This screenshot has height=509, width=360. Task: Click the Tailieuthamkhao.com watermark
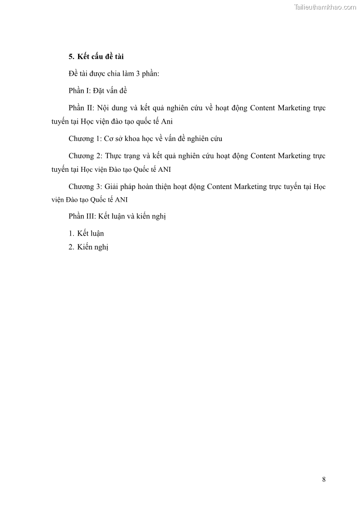(325, 7)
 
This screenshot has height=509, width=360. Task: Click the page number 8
(324, 480)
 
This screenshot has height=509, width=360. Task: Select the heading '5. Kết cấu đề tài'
(96, 57)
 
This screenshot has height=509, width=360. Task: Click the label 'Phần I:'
(80, 91)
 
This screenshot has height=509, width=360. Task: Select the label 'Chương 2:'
(86, 155)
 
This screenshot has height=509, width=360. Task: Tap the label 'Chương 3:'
(86, 186)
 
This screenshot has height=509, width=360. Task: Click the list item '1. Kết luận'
(86, 233)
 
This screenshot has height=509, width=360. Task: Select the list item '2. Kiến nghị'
(88, 247)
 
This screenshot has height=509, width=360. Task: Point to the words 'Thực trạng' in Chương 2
(122, 155)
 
